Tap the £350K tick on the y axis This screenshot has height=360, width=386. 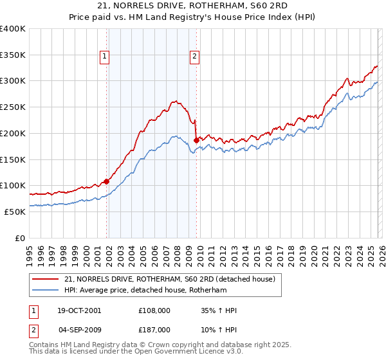pyautogui.click(x=13, y=55)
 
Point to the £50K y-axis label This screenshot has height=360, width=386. pyautogui.click(x=15, y=212)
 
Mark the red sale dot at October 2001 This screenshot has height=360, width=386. pyautogui.click(x=107, y=181)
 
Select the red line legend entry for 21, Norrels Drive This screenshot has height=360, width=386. pyautogui.click(x=170, y=279)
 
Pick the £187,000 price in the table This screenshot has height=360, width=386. pyautogui.click(x=154, y=329)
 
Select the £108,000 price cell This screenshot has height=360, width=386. pyautogui.click(x=154, y=310)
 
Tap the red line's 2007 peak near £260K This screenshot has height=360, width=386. pyautogui.click(x=174, y=100)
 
